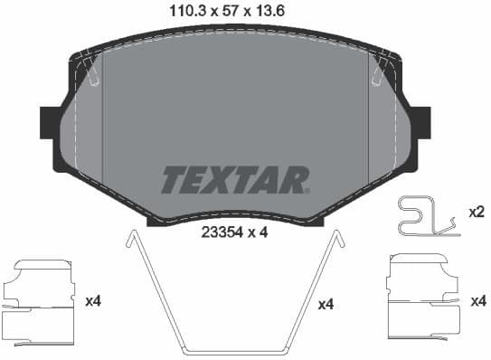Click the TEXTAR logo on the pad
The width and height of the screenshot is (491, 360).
pyautogui.click(x=235, y=179)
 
